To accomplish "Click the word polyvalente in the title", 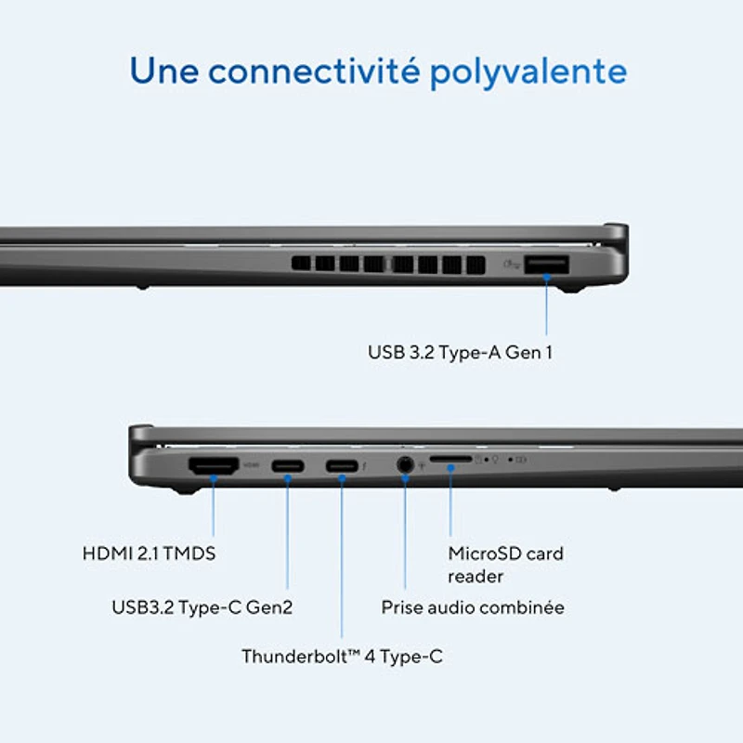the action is tap(528, 72).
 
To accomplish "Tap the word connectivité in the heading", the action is tap(314, 71).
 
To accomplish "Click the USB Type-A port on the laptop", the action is tap(546, 265).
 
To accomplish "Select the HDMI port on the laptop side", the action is tap(214, 466).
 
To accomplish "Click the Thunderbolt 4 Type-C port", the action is tap(342, 466).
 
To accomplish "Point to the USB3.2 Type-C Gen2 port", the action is tap(288, 466).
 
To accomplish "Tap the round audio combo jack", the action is tap(405, 465).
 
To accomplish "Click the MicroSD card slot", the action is tap(450, 459).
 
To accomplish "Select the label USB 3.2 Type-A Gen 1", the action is tap(460, 353).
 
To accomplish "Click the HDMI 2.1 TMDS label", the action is tap(149, 554).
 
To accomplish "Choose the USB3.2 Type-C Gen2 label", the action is tap(202, 607).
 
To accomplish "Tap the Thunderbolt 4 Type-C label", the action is tap(342, 657).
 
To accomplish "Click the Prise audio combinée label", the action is tap(473, 607).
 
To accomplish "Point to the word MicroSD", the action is tap(482, 554).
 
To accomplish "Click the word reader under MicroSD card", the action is tap(476, 577).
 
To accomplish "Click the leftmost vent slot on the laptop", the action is tap(301, 264).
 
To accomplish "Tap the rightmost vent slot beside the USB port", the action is tap(476, 265).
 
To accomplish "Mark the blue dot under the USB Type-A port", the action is tap(546, 277).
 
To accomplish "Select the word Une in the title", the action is tap(164, 71).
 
